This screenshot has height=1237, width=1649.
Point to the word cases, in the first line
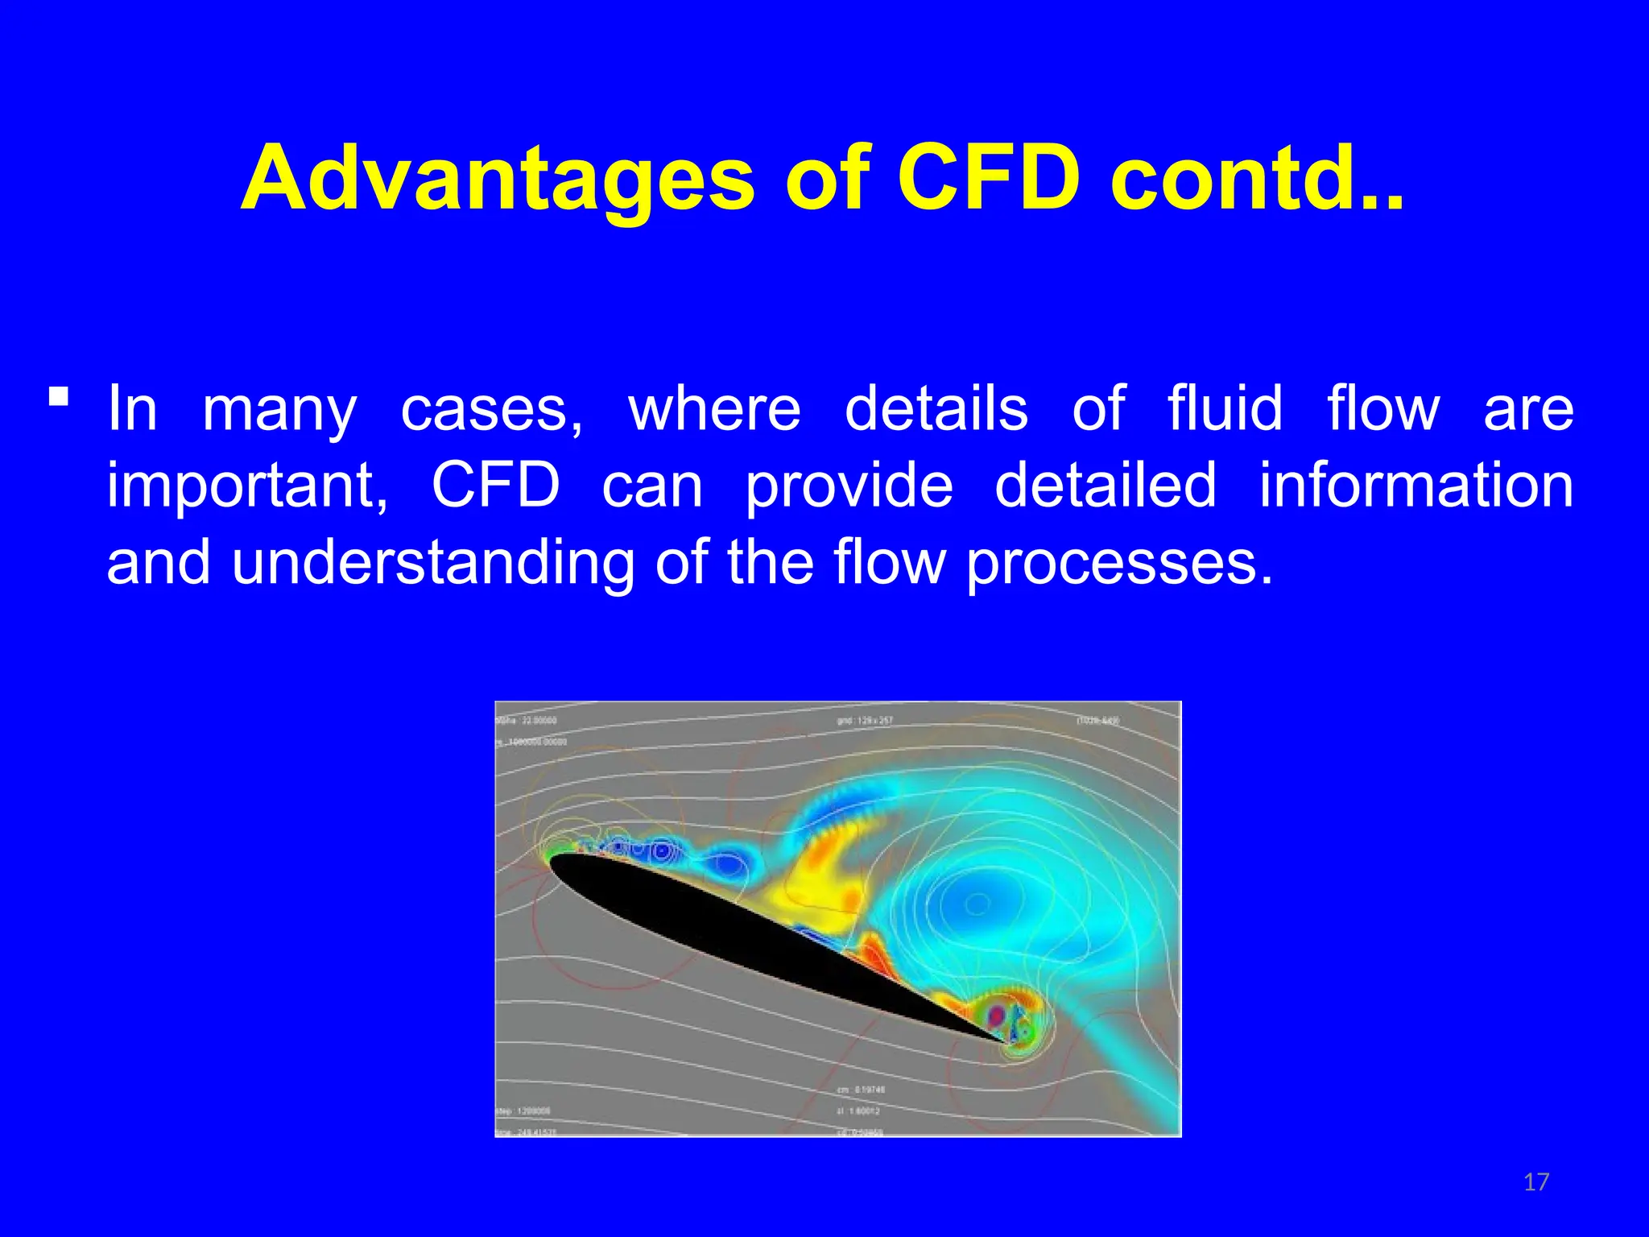click(x=492, y=409)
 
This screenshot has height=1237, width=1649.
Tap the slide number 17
click(x=1536, y=1182)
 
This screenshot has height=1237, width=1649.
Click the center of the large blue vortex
click(x=977, y=904)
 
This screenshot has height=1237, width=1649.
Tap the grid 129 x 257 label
click(x=865, y=720)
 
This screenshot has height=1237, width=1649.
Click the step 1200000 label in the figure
click(x=524, y=1111)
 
